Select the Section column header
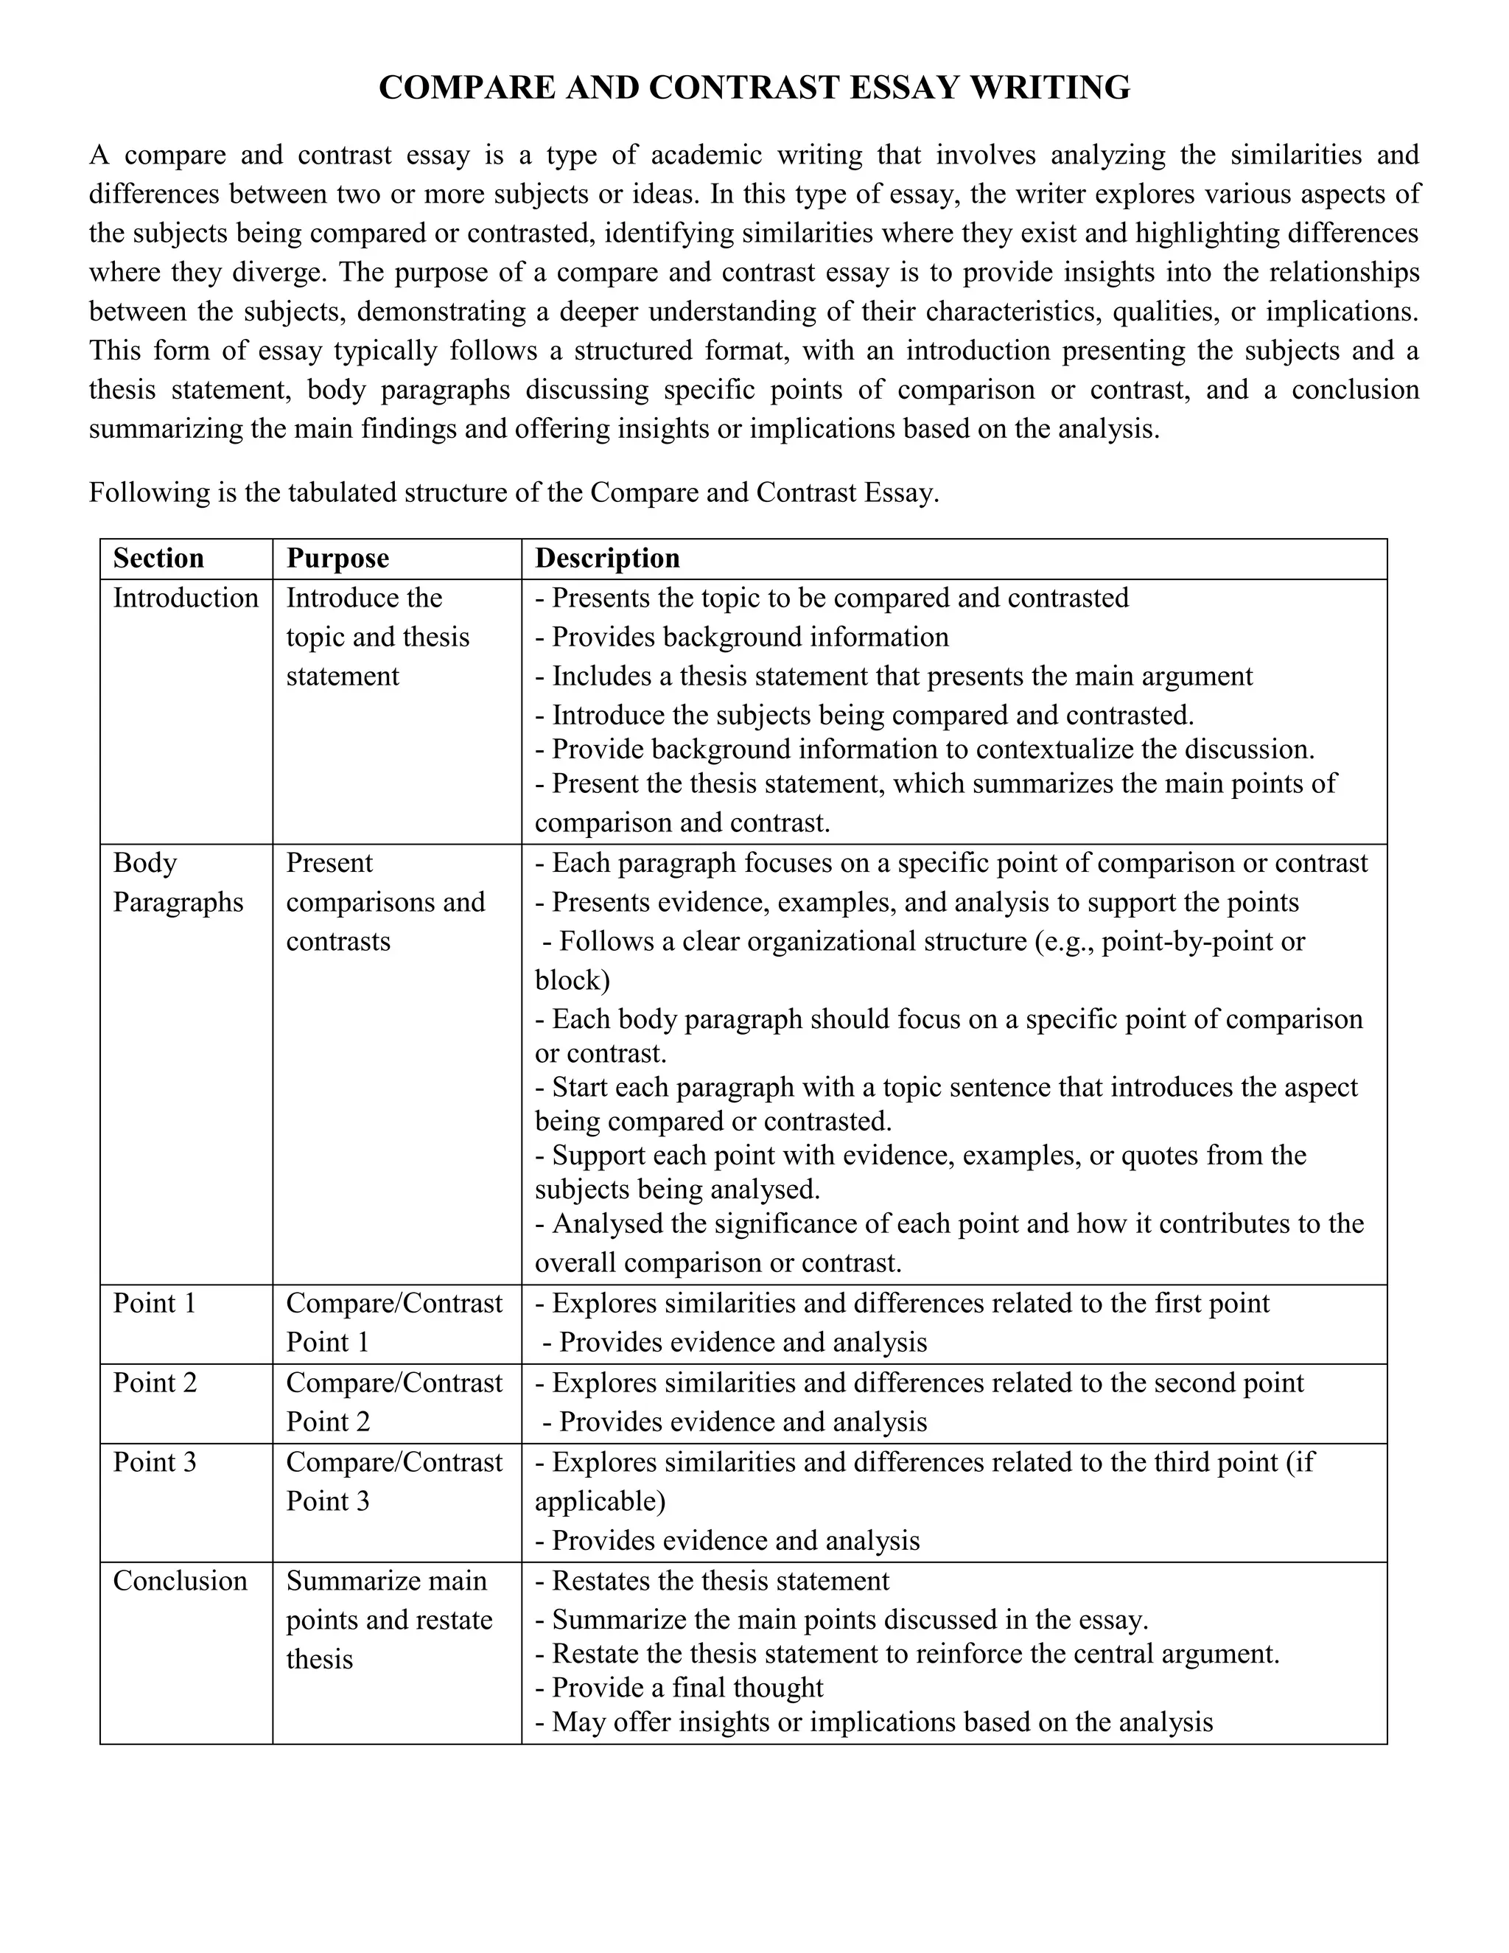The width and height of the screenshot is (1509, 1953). tap(158, 558)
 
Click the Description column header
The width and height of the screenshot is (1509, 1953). tap(607, 558)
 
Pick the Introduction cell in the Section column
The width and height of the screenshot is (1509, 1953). tap(185, 598)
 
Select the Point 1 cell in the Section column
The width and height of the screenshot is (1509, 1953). tap(154, 1303)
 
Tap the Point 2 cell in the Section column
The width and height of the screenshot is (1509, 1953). tap(154, 1383)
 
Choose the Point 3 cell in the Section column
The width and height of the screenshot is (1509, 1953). tap(154, 1462)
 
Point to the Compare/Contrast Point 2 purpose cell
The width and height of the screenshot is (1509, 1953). tap(393, 1402)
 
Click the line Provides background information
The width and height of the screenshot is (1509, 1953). tap(742, 637)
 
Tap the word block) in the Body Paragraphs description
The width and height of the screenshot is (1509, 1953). tap(572, 980)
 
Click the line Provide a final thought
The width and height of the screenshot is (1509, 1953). tap(679, 1688)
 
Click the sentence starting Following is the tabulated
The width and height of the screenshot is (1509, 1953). tap(514, 493)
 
